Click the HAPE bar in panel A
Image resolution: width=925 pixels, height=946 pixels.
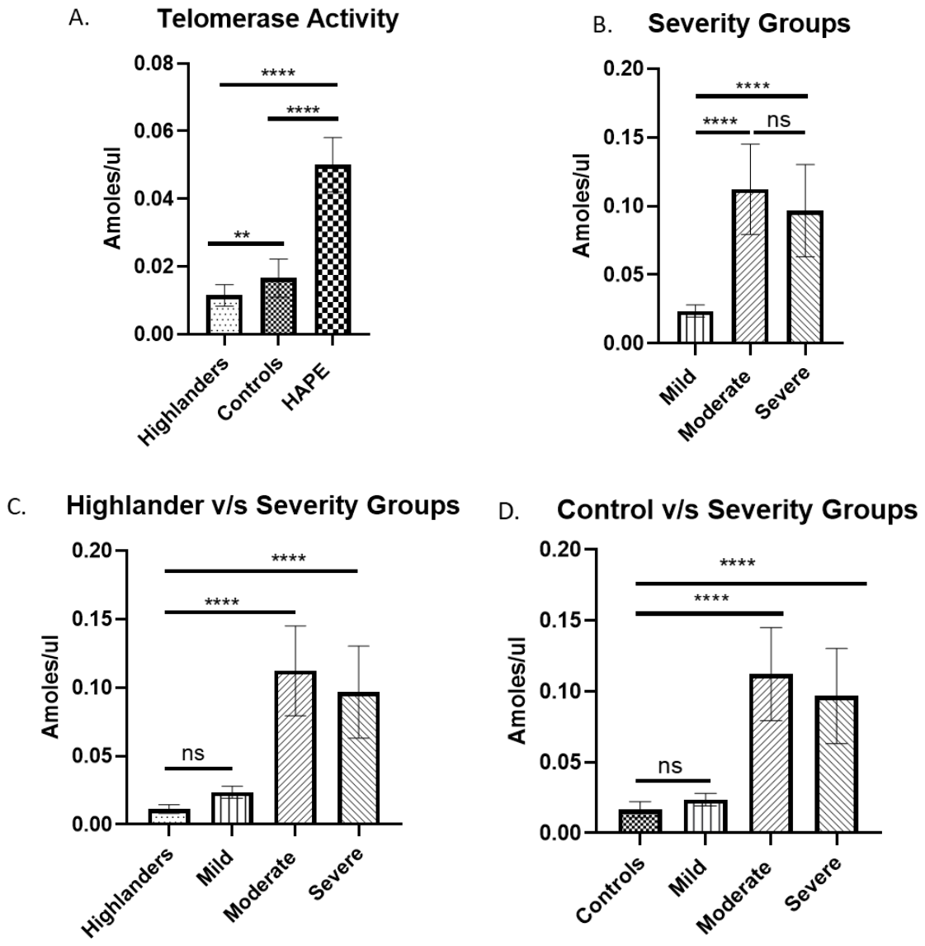click(333, 249)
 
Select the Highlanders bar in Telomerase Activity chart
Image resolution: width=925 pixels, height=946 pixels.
click(224, 315)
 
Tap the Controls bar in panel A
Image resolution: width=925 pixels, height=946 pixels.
click(279, 306)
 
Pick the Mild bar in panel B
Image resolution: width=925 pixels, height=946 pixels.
click(696, 327)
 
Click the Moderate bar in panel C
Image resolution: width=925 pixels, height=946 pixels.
click(295, 748)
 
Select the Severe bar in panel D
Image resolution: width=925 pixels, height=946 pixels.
click(837, 764)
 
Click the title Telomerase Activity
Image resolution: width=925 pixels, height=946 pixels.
click(278, 19)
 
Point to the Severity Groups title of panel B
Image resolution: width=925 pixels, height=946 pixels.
click(749, 25)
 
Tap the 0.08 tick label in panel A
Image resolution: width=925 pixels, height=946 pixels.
click(153, 64)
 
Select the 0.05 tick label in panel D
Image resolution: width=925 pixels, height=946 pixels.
click(559, 762)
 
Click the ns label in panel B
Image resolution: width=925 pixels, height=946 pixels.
click(778, 120)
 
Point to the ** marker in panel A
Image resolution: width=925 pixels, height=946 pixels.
click(242, 234)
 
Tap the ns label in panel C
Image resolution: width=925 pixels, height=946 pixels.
click(193, 753)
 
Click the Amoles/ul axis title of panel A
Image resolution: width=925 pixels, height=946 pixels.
click(112, 198)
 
